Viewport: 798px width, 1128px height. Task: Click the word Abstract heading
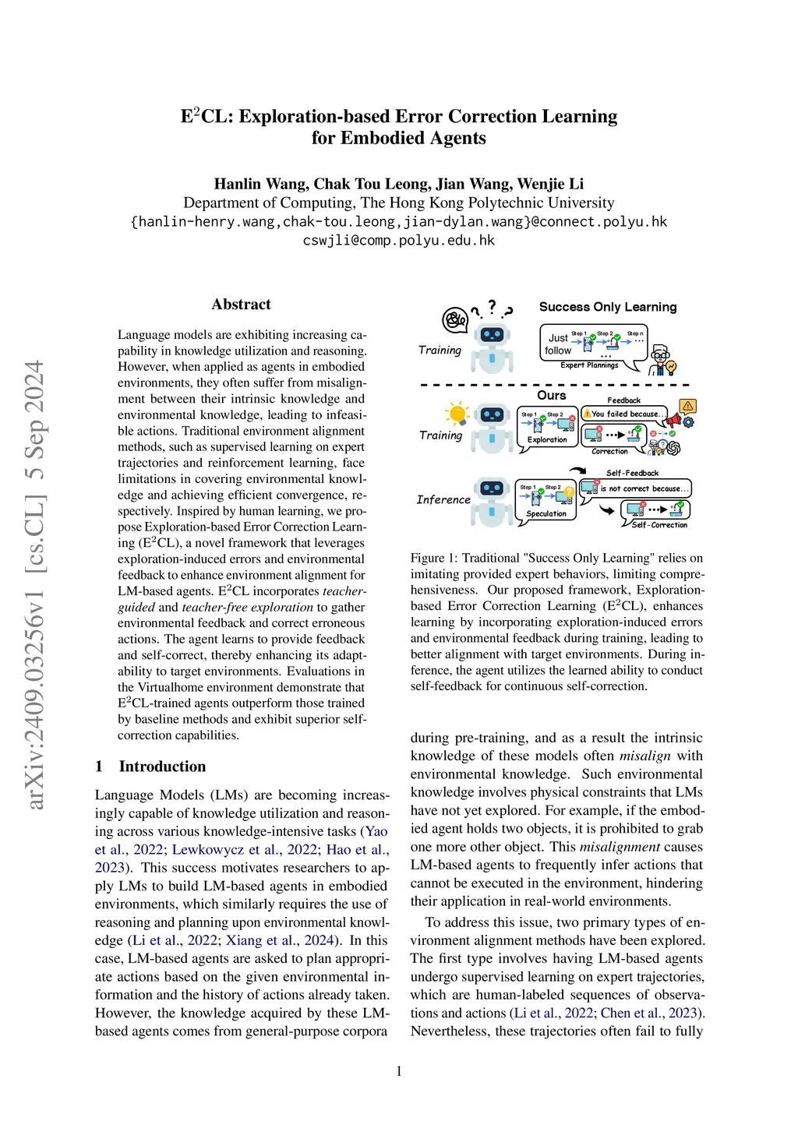[241, 305]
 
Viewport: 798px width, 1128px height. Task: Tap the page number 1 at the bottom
[399, 1071]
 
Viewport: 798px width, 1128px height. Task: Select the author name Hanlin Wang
[260, 184]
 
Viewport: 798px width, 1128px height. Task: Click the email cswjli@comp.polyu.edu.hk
[399, 240]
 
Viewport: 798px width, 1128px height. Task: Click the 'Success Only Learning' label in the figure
[608, 307]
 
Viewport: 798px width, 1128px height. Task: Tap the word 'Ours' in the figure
[551, 395]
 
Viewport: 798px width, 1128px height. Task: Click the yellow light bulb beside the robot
[457, 414]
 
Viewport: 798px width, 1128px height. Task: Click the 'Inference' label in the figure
[443, 499]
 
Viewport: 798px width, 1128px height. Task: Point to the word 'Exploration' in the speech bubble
[547, 439]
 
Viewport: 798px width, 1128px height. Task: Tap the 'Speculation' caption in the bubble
[546, 513]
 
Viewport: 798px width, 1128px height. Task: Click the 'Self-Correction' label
[659, 525]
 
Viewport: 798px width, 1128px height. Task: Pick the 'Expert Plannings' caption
[589, 365]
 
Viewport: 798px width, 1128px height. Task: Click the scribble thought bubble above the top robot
[454, 319]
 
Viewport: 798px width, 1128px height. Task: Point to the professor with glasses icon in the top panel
[662, 358]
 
